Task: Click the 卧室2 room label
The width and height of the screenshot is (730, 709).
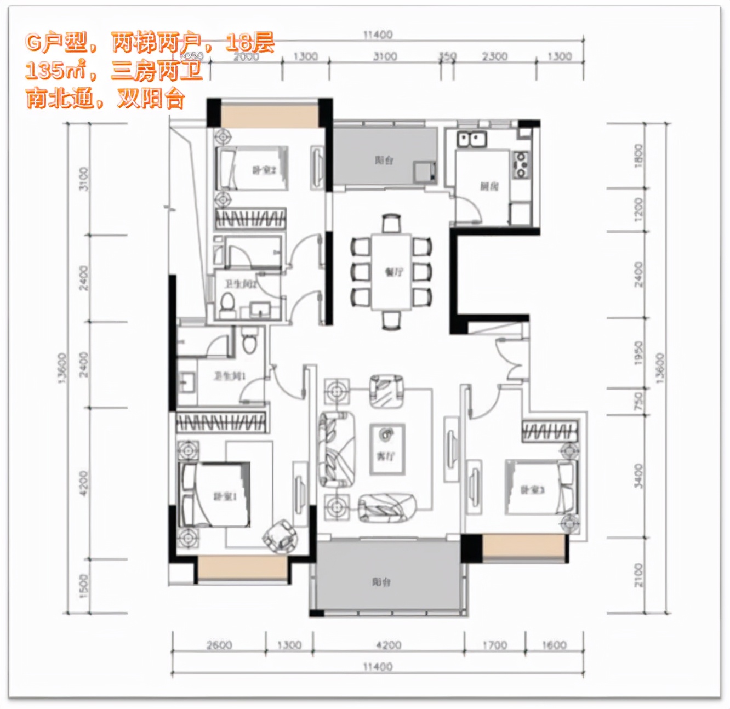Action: pos(263,170)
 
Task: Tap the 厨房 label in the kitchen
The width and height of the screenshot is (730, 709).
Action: pos(489,186)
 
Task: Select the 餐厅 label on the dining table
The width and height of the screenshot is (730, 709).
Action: pos(393,272)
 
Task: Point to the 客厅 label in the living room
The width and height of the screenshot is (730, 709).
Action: pos(386,455)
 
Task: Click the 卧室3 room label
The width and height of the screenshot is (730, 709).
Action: pos(532,489)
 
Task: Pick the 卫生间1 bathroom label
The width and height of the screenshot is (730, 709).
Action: pos(230,376)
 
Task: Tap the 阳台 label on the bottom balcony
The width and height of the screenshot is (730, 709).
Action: pos(381,581)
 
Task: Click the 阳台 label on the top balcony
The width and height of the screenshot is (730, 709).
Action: pos(384,160)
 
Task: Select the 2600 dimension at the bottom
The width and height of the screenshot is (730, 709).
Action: pos(219,645)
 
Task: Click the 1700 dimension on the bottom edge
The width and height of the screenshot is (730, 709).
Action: pos(494,645)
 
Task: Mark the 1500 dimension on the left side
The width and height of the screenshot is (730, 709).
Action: pos(83,586)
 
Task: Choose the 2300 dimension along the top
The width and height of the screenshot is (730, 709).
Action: pos(494,56)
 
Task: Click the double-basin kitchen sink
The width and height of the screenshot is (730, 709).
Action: pos(472,139)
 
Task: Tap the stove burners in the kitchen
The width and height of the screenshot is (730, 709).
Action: pos(521,164)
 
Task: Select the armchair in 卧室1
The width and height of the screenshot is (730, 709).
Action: pos(280,534)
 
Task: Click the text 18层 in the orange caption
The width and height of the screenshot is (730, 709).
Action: pos(250,42)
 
